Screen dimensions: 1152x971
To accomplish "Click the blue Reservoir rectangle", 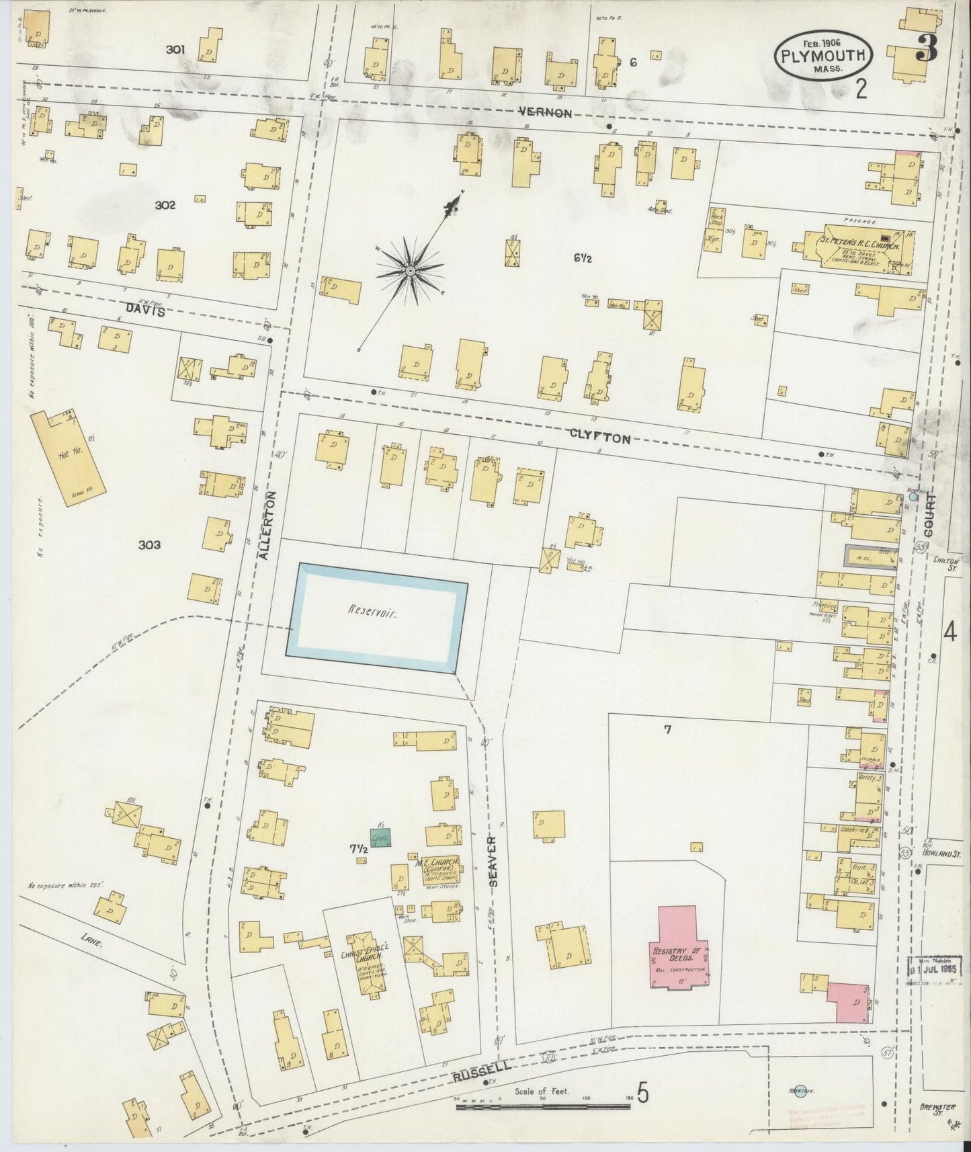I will click(377, 618).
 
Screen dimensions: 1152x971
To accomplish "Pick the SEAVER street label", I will click(493, 862).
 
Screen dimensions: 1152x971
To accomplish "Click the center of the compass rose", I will click(409, 271).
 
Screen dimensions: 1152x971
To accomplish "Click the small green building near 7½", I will click(382, 842).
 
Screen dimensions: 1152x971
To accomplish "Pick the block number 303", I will click(149, 545).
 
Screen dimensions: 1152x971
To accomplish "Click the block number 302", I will click(165, 206).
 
